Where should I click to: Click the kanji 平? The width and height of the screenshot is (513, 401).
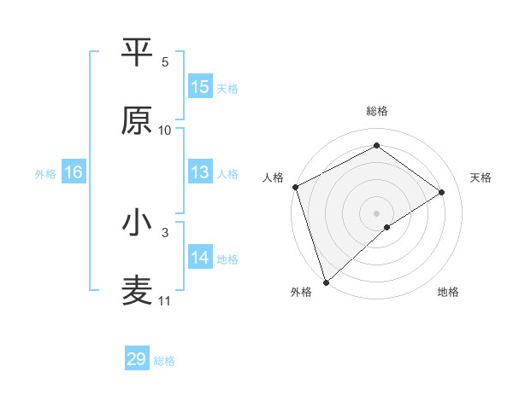point(137,54)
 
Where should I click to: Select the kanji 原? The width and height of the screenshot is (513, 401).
point(137,121)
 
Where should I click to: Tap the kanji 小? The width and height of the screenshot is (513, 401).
point(137,224)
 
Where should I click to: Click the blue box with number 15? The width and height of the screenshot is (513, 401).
point(200,87)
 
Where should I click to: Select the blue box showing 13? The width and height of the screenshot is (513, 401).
point(200,172)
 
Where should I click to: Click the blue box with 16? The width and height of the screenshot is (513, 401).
point(74,172)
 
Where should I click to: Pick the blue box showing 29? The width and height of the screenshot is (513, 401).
point(137,359)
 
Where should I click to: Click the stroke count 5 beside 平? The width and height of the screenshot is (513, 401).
point(165,62)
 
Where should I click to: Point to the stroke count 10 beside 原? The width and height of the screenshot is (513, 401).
point(165,131)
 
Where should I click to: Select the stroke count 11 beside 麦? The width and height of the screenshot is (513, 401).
point(165,301)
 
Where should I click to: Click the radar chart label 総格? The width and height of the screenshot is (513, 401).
point(376,111)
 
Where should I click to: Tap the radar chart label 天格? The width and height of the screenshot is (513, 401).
point(481,177)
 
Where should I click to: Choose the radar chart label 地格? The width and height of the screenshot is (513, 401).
point(448,292)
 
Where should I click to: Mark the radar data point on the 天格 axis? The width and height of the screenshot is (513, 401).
point(442,192)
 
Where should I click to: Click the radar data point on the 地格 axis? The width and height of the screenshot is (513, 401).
point(387,227)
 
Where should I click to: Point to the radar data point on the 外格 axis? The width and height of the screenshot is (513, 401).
point(326,282)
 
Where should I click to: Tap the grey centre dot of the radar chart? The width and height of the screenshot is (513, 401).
point(376,212)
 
